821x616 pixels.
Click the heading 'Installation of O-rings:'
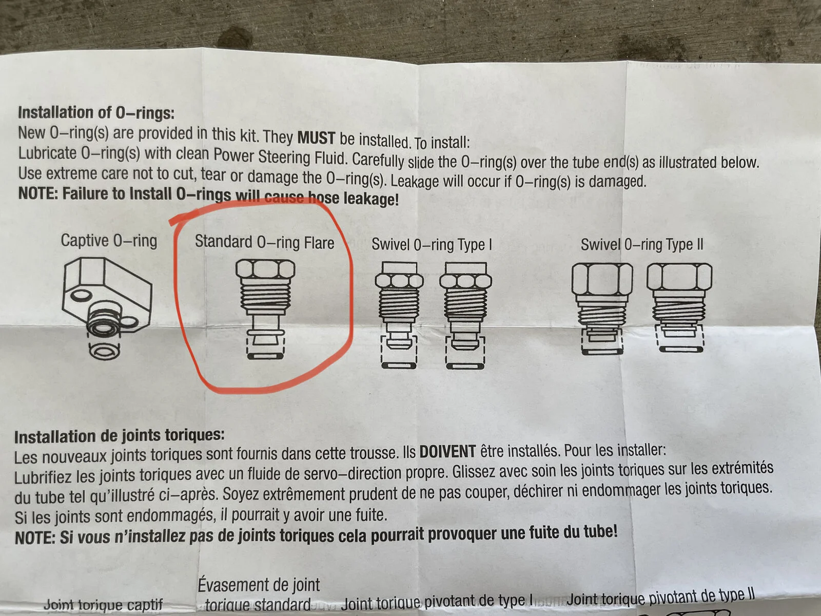click(x=96, y=112)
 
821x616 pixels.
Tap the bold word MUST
click(x=317, y=138)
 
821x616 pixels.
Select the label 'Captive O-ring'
click(x=109, y=240)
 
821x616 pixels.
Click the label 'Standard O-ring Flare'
click(x=264, y=242)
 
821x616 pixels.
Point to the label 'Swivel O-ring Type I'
click(x=432, y=245)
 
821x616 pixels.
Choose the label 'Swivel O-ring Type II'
click(x=642, y=245)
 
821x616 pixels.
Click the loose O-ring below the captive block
click(x=104, y=352)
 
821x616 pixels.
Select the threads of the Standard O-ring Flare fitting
click(x=266, y=296)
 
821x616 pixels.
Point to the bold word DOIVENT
click(x=448, y=452)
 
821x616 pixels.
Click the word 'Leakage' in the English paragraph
click(x=415, y=181)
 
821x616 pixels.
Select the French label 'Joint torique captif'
click(x=103, y=604)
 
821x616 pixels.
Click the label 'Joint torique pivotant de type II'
click(x=660, y=598)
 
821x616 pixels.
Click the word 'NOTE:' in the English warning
click(x=38, y=194)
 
